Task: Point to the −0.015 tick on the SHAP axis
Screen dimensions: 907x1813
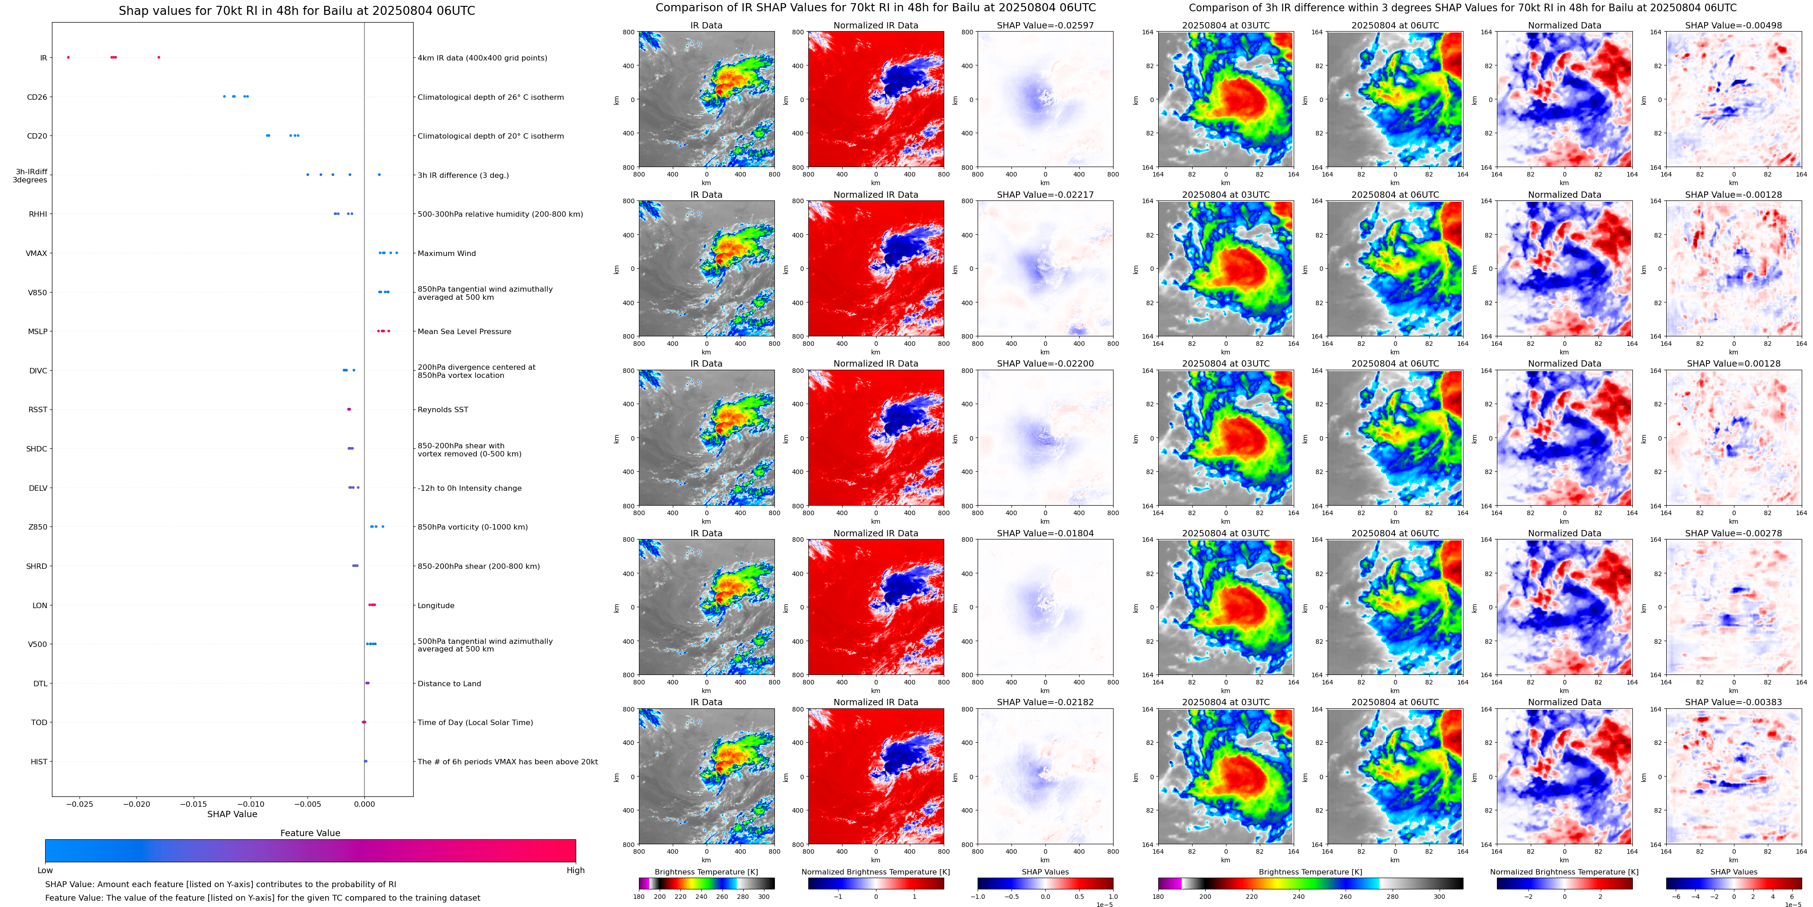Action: click(x=194, y=804)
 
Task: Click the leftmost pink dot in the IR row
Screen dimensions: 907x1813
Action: click(x=68, y=57)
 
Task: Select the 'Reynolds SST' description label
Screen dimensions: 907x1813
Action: click(x=442, y=409)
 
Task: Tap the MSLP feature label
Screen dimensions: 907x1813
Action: click(x=37, y=331)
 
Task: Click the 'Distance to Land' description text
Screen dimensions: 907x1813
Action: click(x=449, y=683)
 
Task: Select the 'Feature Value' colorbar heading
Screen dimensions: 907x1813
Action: click(x=310, y=833)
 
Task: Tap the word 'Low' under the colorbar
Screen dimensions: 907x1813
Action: click(x=45, y=870)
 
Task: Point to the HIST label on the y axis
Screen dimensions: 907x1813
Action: click(x=39, y=761)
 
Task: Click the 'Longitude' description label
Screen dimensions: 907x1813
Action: click(x=436, y=605)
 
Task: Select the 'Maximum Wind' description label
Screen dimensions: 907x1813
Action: click(x=446, y=253)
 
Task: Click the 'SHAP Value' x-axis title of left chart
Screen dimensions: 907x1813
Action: click(x=232, y=814)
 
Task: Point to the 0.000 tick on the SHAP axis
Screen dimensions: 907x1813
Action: click(x=364, y=804)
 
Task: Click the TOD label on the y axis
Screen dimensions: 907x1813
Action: click(x=39, y=723)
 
